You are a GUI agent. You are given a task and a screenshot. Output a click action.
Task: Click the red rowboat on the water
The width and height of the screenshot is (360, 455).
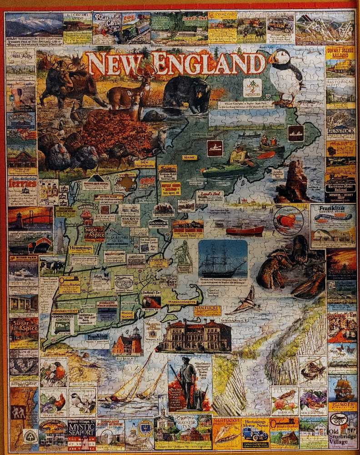(x=245, y=230)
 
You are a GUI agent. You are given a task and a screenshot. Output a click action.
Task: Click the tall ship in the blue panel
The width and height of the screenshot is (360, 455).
(x=223, y=262)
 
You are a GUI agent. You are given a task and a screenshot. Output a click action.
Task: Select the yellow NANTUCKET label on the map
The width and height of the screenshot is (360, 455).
(x=207, y=310)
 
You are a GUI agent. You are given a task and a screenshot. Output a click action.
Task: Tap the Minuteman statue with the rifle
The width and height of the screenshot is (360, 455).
(x=188, y=382)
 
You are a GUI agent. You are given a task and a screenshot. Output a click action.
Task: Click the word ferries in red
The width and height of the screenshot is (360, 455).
(x=22, y=183)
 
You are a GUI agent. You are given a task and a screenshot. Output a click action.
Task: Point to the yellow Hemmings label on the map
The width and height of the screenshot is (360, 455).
(x=81, y=249)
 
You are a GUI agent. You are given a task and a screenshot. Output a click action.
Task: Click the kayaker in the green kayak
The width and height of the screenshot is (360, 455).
(x=236, y=157)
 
